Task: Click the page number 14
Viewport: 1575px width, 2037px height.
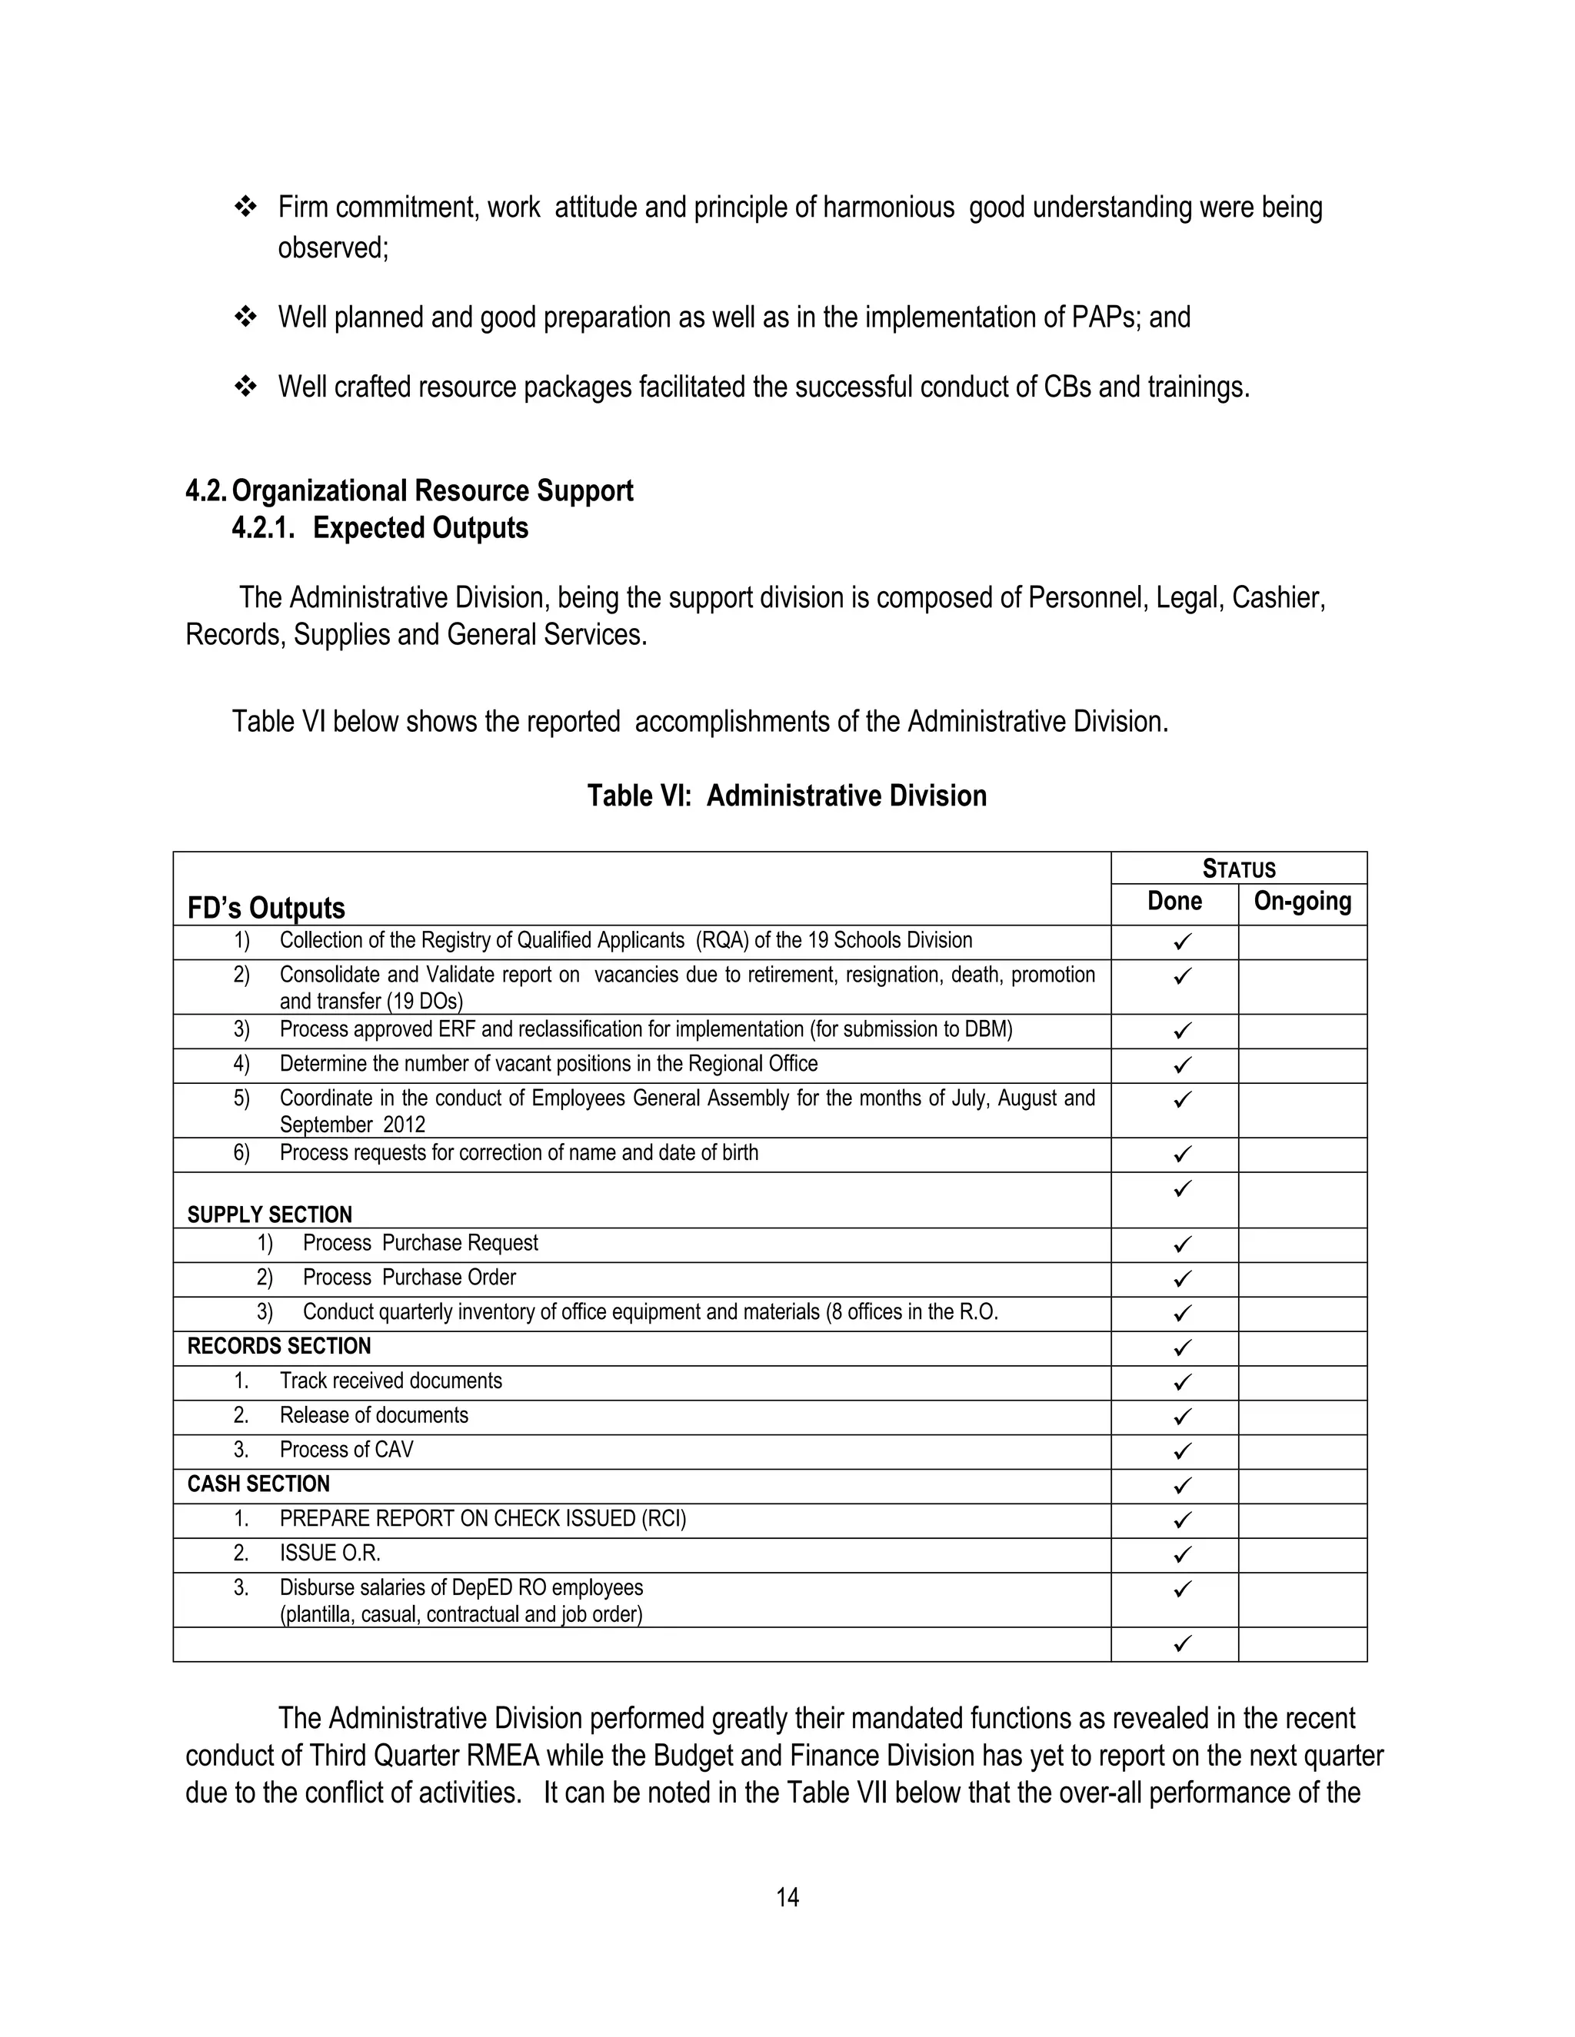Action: point(787,1897)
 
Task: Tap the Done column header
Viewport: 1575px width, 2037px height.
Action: point(1174,901)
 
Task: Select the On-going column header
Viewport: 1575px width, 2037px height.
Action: point(1302,901)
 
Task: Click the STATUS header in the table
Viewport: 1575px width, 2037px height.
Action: point(1238,869)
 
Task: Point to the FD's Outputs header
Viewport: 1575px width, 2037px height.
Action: point(266,908)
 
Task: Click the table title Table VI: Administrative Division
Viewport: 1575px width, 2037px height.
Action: point(787,796)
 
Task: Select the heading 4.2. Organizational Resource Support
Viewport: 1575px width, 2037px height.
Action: point(410,490)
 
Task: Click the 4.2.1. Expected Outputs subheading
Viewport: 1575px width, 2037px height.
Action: point(380,528)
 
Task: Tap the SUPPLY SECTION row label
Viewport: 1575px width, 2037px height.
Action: point(270,1215)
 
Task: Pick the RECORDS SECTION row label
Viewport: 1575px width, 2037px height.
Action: point(279,1346)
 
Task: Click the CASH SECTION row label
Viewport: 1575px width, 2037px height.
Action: point(258,1484)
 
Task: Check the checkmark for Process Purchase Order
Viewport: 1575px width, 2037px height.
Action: point(1182,1278)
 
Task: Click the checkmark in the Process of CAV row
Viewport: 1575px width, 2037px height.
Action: point(1182,1450)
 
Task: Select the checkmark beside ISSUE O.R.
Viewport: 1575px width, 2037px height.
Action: point(1182,1554)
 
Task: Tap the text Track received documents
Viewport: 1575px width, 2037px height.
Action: point(390,1381)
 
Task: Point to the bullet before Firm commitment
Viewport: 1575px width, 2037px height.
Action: point(245,207)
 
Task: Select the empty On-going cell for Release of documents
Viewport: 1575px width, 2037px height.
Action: point(1302,1416)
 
